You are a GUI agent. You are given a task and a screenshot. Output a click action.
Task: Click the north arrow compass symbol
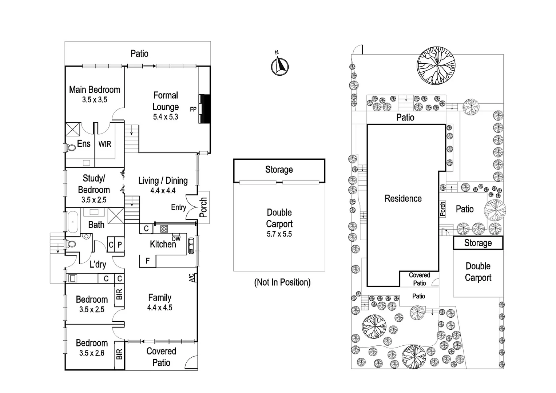(x=279, y=66)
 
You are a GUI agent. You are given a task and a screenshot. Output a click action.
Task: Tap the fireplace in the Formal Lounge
(x=205, y=109)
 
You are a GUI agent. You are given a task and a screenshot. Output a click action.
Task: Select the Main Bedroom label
(x=95, y=90)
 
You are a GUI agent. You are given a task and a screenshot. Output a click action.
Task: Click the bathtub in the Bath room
(x=73, y=221)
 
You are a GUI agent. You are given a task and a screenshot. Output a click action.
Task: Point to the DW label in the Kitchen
(x=176, y=239)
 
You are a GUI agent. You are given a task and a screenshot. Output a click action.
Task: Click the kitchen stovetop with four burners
(x=164, y=229)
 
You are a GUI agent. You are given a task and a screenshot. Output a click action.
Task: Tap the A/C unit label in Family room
(x=192, y=278)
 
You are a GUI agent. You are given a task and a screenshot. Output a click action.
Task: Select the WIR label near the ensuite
(x=105, y=144)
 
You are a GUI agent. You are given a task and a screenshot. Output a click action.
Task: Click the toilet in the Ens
(x=69, y=148)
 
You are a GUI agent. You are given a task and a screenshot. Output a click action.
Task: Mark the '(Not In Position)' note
(x=282, y=282)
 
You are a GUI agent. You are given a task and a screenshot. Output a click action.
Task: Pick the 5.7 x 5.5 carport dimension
(x=279, y=234)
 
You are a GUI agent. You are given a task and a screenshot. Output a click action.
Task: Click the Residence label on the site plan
(x=403, y=199)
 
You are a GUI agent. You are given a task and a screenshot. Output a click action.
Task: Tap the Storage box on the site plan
(x=478, y=243)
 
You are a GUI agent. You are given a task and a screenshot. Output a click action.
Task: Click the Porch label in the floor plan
(x=203, y=207)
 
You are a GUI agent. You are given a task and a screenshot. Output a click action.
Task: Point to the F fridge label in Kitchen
(x=147, y=261)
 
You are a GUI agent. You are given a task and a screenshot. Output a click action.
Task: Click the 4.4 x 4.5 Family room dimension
(x=160, y=307)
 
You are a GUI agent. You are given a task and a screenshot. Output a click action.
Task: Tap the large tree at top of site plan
(x=436, y=65)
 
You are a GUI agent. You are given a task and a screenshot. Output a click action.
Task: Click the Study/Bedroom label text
(x=94, y=184)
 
